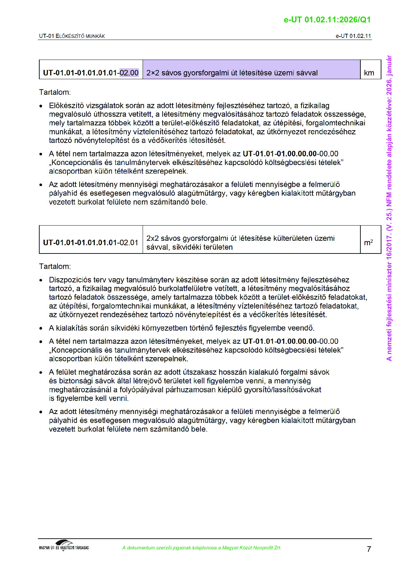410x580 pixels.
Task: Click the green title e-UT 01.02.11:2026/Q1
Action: pos(327,20)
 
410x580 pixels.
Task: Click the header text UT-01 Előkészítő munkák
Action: pos(72,36)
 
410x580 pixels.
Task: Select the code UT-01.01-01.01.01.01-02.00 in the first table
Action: pos(91,73)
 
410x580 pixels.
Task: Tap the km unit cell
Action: pos(369,73)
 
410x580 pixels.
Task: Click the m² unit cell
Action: pos(368,242)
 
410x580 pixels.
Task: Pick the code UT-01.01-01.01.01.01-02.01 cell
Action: pos(91,242)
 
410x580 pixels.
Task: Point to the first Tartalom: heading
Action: pos(55,92)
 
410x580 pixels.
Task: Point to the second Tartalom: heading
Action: pos(55,266)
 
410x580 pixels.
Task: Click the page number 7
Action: pos(369,549)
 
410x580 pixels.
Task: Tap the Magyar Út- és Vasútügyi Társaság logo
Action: pos(64,546)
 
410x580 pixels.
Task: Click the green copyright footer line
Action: pos(202,548)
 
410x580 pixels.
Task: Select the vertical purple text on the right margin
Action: pos(389,208)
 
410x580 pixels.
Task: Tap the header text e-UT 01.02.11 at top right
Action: pos(353,36)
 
